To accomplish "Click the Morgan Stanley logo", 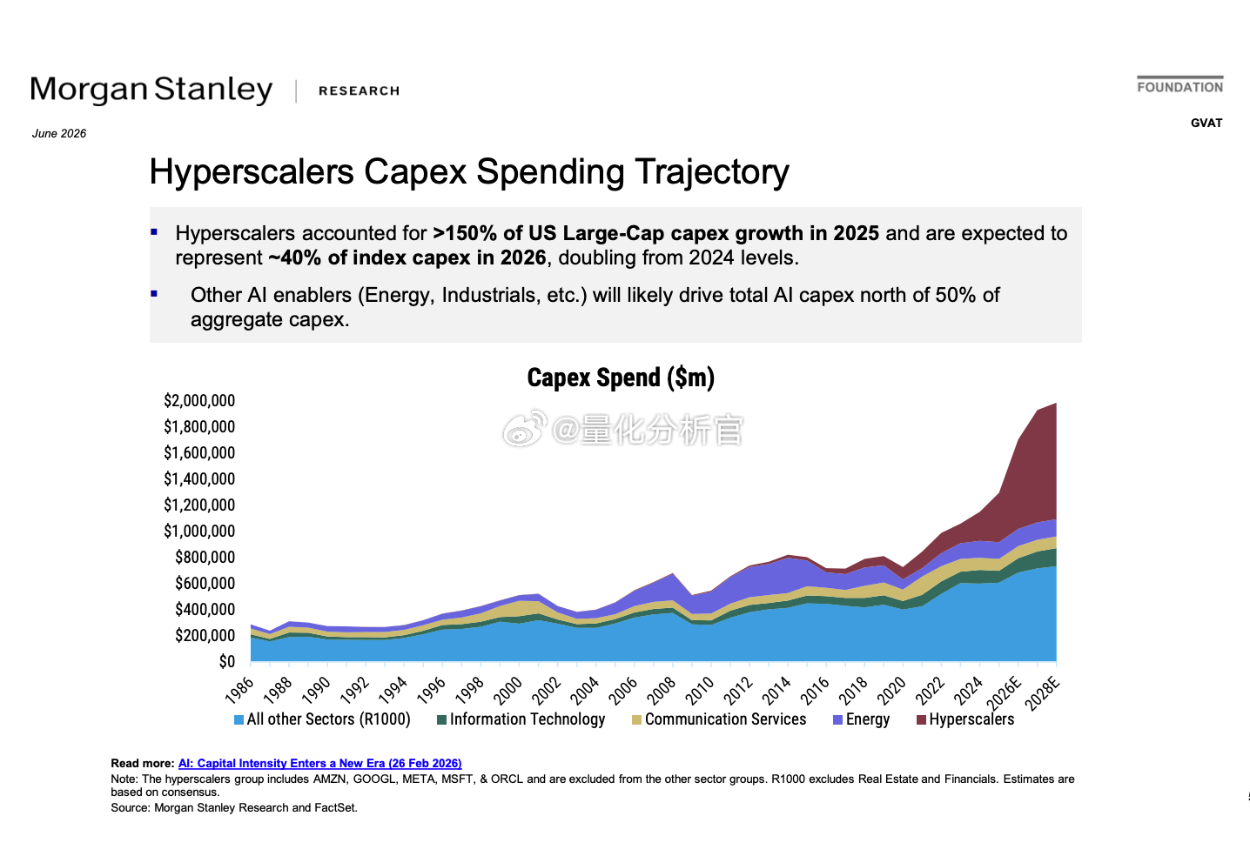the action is pos(151,90).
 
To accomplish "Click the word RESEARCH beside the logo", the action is pos(360,90).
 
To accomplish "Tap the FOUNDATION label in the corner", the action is pos(1179,87).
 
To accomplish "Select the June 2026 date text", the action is pos(59,134).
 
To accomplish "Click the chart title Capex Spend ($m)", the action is pos(621,378).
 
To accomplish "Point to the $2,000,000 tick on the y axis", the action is pos(199,400).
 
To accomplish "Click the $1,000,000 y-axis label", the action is pos(199,531).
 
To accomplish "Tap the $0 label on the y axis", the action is pos(226,661).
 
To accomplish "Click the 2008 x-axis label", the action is pos(662,691).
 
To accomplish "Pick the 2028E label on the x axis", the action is pos(1043,693).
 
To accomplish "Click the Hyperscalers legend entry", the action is pos(965,719).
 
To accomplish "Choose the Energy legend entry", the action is pos(861,719).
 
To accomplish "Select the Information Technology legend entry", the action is pos(521,719).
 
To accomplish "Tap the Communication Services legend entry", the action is pos(719,719).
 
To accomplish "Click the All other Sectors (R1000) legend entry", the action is pos(323,719).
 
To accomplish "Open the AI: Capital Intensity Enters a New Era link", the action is pos(319,764).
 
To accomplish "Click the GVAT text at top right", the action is pos(1206,124).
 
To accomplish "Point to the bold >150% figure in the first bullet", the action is pos(465,233).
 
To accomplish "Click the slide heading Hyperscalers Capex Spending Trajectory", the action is pos(469,171).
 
